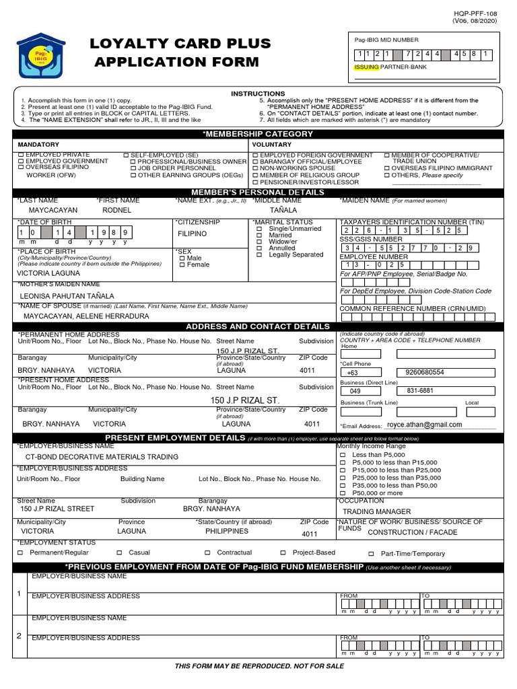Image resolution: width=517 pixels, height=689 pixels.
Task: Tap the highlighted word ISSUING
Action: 367,68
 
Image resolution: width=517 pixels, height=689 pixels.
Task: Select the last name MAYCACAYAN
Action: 48,211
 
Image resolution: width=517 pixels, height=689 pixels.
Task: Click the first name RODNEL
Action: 116,211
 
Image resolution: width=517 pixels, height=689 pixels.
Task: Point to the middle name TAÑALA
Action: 283,211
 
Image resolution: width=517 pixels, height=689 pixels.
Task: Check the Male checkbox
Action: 182,258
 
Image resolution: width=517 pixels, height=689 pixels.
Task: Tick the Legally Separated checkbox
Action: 259,255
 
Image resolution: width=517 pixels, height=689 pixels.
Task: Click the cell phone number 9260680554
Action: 425,372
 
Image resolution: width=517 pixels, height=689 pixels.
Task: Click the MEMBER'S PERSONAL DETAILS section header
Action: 258,192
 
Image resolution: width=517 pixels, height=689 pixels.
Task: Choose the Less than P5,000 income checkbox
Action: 342,456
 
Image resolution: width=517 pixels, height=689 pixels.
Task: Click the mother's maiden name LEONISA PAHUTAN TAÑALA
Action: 67,296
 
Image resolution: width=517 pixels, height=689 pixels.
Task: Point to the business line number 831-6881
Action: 420,390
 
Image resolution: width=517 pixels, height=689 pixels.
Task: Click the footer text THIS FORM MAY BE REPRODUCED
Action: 259,666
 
